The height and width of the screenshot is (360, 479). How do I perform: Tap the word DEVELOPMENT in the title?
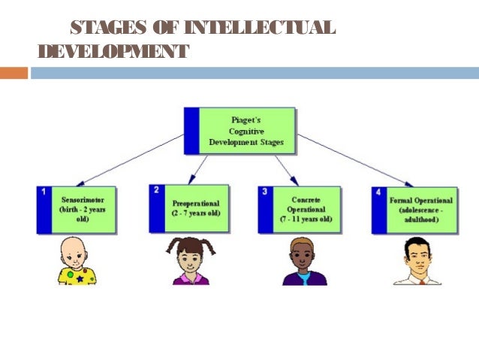[x=113, y=52]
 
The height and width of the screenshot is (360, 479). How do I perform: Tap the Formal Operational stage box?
[x=415, y=209]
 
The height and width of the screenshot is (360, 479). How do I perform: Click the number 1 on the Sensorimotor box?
[x=43, y=193]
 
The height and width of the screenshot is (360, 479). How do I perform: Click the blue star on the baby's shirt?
[x=79, y=278]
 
